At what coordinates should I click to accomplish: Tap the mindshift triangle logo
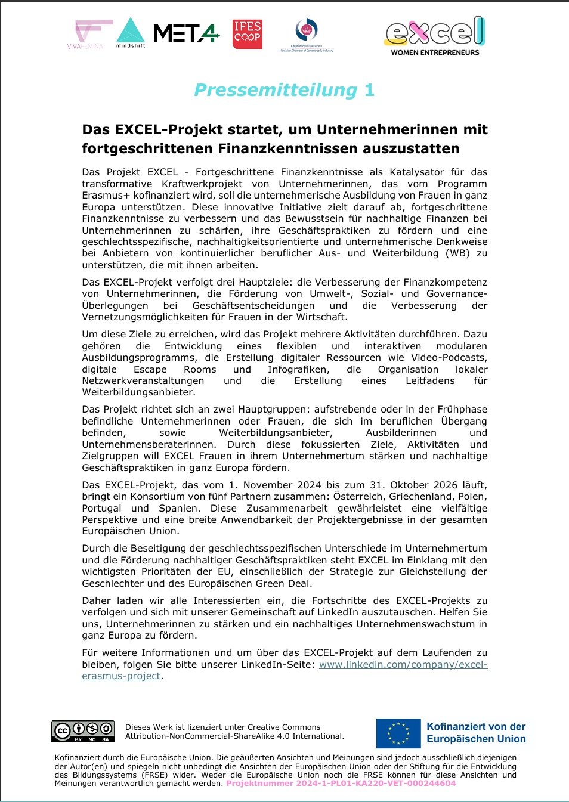(x=131, y=33)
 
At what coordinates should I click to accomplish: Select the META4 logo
(x=186, y=33)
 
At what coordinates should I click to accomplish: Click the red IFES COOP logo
(x=248, y=34)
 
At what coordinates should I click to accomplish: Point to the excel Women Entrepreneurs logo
(x=435, y=36)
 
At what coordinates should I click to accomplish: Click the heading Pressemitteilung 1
(x=284, y=90)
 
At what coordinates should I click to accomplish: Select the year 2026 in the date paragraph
(x=437, y=485)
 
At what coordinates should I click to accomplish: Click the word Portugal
(x=101, y=509)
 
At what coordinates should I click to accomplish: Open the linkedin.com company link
(x=403, y=665)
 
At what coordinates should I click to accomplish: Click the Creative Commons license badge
(x=83, y=731)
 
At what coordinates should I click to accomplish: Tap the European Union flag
(x=398, y=733)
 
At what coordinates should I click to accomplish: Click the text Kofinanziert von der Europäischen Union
(x=476, y=733)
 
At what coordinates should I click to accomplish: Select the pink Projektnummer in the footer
(x=341, y=784)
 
